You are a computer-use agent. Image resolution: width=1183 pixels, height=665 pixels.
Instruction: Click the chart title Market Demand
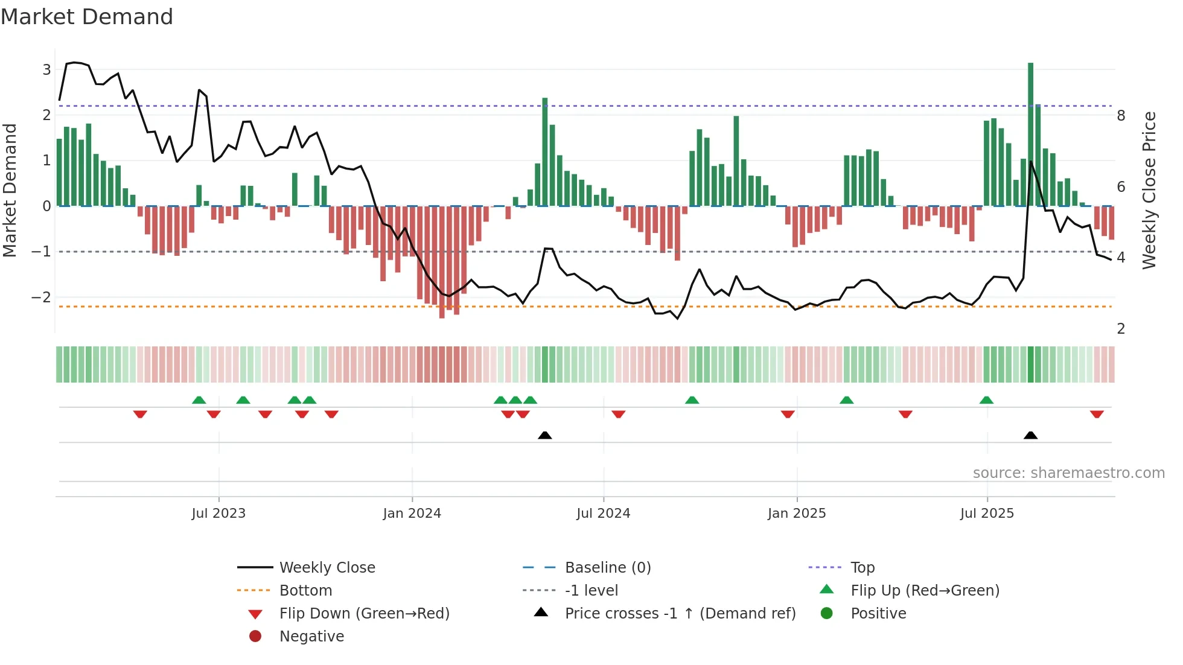pyautogui.click(x=87, y=17)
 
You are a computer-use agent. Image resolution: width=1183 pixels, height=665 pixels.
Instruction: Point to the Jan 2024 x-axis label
pyautogui.click(x=412, y=514)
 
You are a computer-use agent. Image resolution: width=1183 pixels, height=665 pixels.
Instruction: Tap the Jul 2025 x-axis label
pyautogui.click(x=987, y=514)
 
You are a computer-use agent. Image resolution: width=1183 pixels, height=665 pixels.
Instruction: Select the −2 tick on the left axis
pyautogui.click(x=41, y=297)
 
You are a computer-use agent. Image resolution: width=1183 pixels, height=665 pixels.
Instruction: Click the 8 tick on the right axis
pyautogui.click(x=1121, y=116)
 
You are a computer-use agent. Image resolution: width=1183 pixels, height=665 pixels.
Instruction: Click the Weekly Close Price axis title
pyautogui.click(x=1149, y=190)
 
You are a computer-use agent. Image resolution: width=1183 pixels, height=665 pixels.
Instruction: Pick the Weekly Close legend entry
pyautogui.click(x=327, y=568)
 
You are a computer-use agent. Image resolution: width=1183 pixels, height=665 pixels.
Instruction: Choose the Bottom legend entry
pyautogui.click(x=305, y=591)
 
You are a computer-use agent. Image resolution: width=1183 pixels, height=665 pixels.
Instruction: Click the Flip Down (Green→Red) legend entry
pyautogui.click(x=364, y=614)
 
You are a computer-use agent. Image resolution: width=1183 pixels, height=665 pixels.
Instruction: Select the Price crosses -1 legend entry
pyautogui.click(x=680, y=614)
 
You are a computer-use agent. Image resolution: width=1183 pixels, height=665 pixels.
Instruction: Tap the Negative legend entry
pyautogui.click(x=311, y=637)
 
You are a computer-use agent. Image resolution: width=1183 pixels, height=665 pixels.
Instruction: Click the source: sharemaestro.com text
pyautogui.click(x=1068, y=473)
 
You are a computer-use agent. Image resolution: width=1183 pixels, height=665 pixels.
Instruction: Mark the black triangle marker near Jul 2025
pyautogui.click(x=1030, y=435)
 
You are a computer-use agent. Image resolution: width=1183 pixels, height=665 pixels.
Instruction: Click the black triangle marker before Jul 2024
pyautogui.click(x=544, y=435)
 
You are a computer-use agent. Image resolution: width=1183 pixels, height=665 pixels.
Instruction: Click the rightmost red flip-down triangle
pyautogui.click(x=1097, y=414)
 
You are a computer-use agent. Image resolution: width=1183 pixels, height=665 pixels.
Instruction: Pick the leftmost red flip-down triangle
pyautogui.click(x=140, y=414)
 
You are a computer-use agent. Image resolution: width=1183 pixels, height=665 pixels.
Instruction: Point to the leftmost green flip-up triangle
pyautogui.click(x=199, y=400)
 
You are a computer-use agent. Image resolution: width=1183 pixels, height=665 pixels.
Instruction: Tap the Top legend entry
pyautogui.click(x=862, y=568)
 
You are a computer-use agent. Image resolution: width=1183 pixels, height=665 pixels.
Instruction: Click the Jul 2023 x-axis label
pyautogui.click(x=218, y=514)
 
